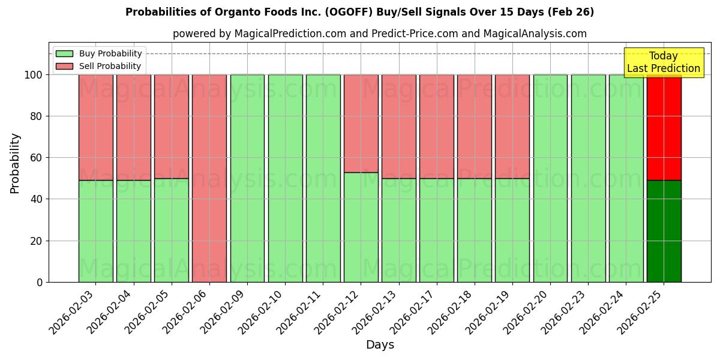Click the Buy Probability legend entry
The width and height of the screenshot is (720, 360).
(x=99, y=53)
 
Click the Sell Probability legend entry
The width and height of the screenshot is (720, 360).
(x=99, y=66)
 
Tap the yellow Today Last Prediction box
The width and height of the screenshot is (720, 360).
(x=664, y=62)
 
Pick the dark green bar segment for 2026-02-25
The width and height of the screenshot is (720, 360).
(x=664, y=231)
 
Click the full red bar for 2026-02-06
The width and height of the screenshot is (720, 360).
(x=209, y=178)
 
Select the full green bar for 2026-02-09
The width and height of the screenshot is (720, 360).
(x=247, y=178)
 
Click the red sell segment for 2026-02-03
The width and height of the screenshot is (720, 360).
(x=95, y=127)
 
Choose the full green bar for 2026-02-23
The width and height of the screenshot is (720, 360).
(x=588, y=178)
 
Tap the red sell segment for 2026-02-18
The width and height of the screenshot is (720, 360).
(x=474, y=127)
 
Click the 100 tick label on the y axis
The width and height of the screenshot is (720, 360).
(x=33, y=75)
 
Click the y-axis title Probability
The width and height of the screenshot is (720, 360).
(x=15, y=163)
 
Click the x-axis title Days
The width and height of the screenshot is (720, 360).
(x=380, y=345)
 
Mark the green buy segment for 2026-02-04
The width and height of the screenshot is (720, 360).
(x=133, y=231)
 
